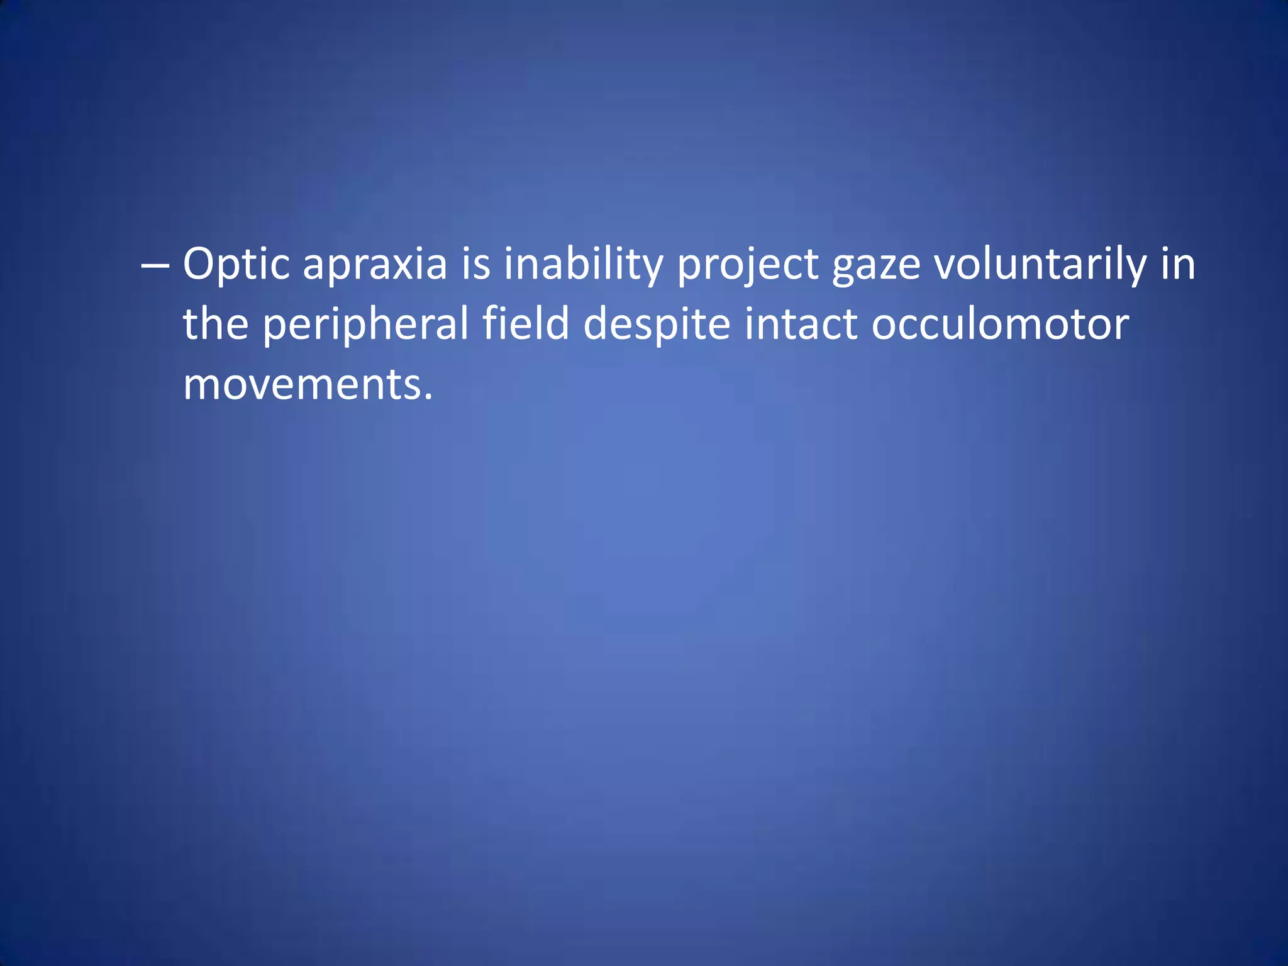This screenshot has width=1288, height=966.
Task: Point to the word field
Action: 526,324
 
